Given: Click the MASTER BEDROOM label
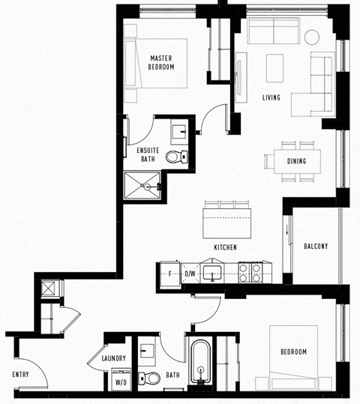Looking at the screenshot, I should point(162,62).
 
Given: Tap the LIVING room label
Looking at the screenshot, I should point(271,97).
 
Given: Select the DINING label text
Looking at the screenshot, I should point(297,160).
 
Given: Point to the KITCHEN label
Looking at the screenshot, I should point(225,247).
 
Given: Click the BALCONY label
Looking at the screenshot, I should point(316,247).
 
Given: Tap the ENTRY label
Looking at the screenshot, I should point(20,374).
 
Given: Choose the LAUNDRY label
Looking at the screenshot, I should point(113,359).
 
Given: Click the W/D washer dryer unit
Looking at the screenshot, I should point(119,379).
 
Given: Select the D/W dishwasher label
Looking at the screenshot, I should point(190,274).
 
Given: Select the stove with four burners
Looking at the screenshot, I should point(250,273).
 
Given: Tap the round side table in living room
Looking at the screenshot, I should point(312,37).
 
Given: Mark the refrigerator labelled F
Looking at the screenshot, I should point(170,274).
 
